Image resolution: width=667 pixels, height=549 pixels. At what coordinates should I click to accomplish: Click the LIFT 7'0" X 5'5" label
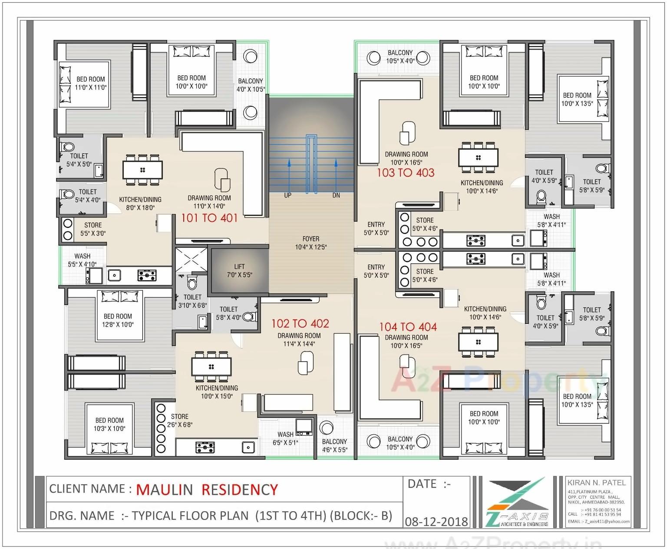(239, 270)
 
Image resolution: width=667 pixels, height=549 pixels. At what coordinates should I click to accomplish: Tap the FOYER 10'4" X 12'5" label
(310, 243)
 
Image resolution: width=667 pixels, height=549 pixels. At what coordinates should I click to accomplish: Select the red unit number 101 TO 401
(209, 218)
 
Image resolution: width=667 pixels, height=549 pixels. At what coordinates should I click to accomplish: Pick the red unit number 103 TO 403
(405, 173)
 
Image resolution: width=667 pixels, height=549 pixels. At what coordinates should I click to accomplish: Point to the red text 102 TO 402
(300, 323)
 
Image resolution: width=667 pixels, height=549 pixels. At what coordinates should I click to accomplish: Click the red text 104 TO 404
(408, 327)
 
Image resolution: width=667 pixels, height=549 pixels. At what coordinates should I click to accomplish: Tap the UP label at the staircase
(287, 195)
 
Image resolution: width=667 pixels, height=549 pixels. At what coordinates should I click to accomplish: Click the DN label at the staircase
(336, 195)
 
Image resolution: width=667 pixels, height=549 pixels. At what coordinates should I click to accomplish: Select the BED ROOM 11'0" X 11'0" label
(91, 83)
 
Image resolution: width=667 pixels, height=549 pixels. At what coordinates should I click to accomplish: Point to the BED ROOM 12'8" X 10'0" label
(118, 320)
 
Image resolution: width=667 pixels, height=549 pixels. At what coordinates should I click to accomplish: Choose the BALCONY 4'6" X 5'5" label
(334, 446)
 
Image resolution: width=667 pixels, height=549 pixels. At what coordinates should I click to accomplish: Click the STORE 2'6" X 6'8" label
(179, 421)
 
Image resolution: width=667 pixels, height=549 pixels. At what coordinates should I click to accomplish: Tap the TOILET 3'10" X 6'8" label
(192, 301)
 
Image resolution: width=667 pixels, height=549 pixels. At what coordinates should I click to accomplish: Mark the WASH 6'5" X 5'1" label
(285, 438)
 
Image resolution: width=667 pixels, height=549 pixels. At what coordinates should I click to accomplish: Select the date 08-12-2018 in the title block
(436, 521)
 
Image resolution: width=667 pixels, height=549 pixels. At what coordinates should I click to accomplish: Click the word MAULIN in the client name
(164, 490)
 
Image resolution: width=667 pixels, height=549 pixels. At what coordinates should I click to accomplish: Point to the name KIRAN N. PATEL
(596, 483)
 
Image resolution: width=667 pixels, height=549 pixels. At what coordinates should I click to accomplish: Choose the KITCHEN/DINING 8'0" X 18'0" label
(140, 204)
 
